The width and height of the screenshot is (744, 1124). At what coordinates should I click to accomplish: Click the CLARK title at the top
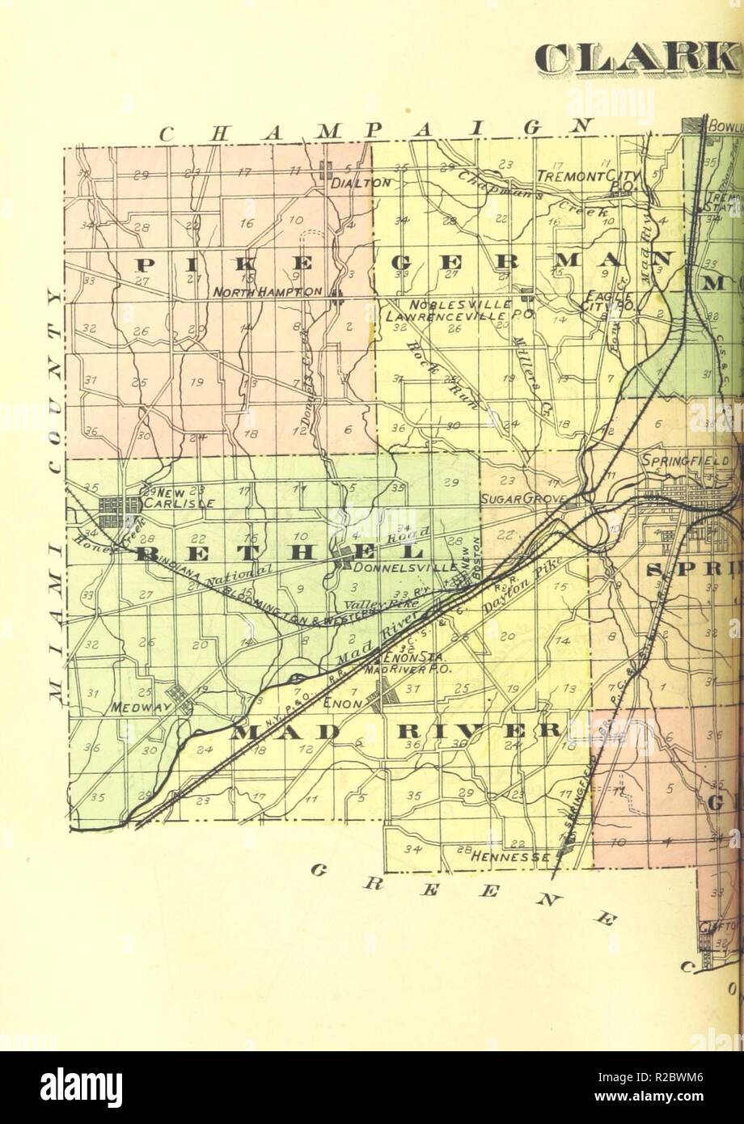(637, 58)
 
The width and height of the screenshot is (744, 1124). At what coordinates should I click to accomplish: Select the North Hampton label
(268, 291)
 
